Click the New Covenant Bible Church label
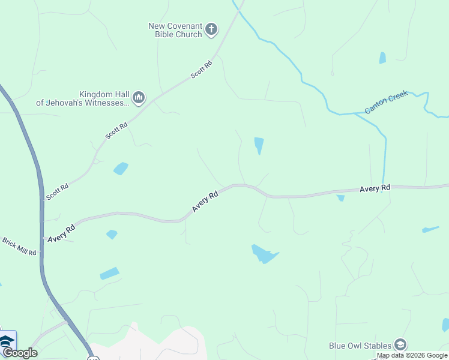coord(175,30)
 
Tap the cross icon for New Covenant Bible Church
coord(211,29)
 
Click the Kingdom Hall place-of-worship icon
coord(139,97)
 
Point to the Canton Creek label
coord(386,102)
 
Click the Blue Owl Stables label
coord(360,345)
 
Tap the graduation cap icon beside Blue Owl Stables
coord(400,344)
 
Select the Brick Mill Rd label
coord(19,246)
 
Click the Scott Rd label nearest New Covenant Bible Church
coord(202,70)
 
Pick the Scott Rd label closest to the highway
coord(58,192)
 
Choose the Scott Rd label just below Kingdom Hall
coord(116,131)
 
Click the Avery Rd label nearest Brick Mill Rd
coord(62,230)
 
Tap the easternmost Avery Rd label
coord(375,188)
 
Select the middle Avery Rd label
coord(205,201)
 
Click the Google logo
coord(20,353)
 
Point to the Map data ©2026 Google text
coord(412,355)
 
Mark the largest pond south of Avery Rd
coord(264,254)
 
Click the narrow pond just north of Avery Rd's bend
coord(259,145)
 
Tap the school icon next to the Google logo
coord(7,341)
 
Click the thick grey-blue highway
coord(41,210)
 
